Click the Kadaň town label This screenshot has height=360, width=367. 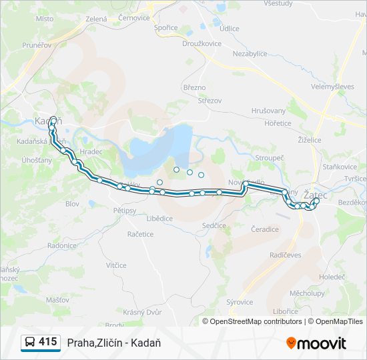pyautogui.click(x=46, y=121)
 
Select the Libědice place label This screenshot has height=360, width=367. pyautogui.click(x=160, y=218)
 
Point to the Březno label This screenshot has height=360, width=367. pyautogui.click(x=194, y=87)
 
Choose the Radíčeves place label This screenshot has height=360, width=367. pyautogui.click(x=286, y=255)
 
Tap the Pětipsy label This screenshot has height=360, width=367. pyautogui.click(x=125, y=210)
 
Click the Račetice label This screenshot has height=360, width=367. pyautogui.click(x=140, y=234)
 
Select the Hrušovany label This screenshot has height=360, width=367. pyautogui.click(x=268, y=111)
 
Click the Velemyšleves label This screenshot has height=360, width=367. pyautogui.click(x=333, y=87)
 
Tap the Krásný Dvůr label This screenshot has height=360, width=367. pyautogui.click(x=143, y=312)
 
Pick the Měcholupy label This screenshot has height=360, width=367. pyautogui.click(x=307, y=293)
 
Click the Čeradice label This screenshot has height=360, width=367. pyautogui.click(x=265, y=229)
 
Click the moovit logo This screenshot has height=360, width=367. pyautogui.click(x=316, y=343)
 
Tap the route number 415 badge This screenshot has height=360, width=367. pyautogui.click(x=39, y=342)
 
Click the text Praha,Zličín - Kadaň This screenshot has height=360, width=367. pyautogui.click(x=113, y=343)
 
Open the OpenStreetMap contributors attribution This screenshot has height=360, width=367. pyautogui.click(x=256, y=321)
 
